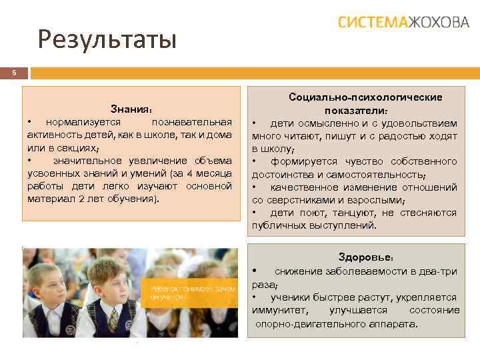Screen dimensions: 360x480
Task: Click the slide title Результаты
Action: (107, 40)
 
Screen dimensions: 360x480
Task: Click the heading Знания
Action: (132, 109)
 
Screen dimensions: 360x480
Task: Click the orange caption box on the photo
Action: (191, 291)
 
